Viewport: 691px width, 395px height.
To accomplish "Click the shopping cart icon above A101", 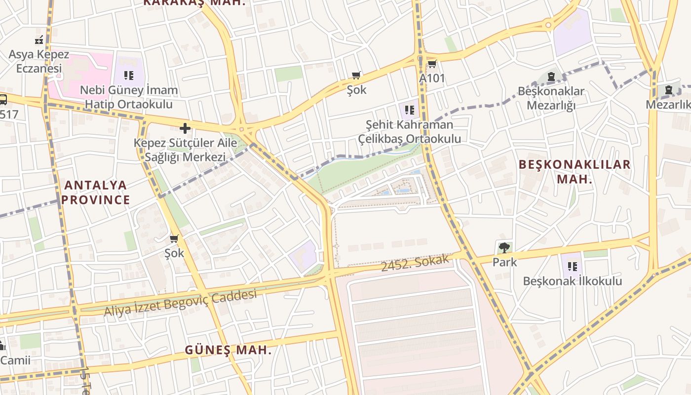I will click(432, 64).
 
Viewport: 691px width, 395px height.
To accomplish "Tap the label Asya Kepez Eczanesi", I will click(39, 61).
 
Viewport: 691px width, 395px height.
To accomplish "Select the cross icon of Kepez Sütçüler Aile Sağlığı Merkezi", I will click(185, 128).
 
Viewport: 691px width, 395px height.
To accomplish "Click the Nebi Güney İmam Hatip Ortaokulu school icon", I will click(129, 76).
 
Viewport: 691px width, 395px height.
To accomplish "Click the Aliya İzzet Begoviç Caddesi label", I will click(180, 303).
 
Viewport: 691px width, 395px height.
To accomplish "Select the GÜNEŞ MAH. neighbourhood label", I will click(228, 350).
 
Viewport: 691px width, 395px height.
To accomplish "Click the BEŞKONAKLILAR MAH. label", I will click(575, 171).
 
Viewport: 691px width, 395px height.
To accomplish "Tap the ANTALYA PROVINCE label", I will click(96, 193).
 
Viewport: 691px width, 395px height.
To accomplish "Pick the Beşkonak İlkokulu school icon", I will click(573, 267).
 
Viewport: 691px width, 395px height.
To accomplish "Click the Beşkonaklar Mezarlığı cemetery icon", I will click(551, 77).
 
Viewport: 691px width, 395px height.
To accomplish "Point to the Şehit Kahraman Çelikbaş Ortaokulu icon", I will click(409, 110).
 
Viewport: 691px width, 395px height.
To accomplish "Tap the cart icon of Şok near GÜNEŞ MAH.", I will click(174, 239).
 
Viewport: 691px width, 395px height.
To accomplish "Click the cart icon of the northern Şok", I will click(356, 76).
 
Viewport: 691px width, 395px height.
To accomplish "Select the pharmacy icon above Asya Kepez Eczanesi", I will click(39, 40).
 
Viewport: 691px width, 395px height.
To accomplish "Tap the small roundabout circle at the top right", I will click(548, 25).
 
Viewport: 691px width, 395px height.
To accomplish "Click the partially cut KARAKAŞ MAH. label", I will click(194, 2).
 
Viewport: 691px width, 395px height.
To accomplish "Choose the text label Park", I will click(504, 262).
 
